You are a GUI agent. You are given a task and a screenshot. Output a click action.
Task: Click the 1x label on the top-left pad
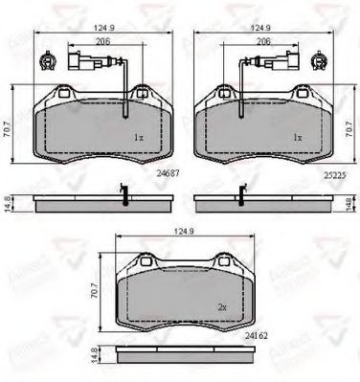click(139, 138)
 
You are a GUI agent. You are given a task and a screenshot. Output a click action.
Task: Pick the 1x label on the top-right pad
click(297, 138)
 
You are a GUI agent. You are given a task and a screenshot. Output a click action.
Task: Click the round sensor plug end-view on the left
click(45, 64)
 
